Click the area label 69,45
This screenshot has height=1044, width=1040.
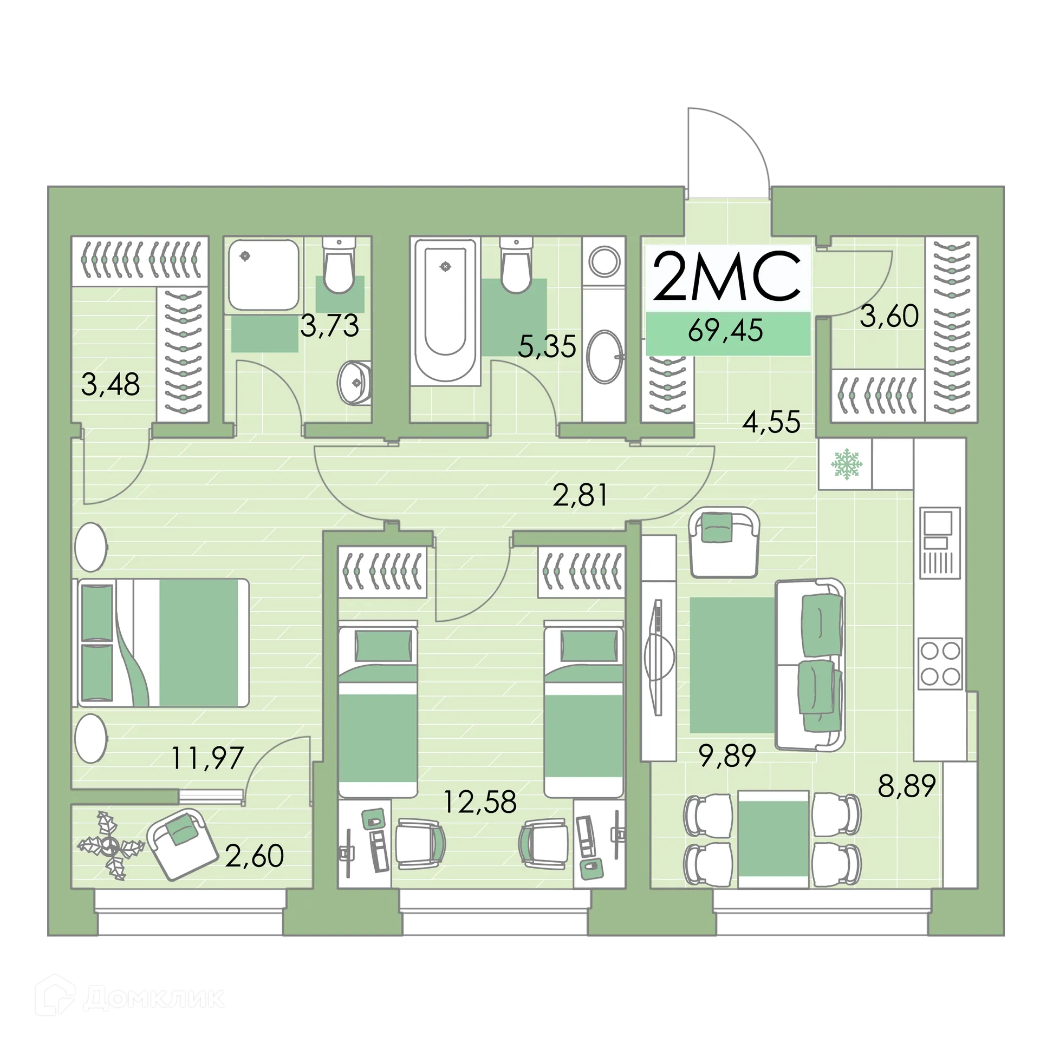click(725, 330)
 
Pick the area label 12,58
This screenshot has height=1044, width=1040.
click(480, 802)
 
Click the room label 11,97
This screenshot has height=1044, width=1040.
click(207, 758)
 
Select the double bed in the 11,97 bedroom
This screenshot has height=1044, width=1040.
click(162, 642)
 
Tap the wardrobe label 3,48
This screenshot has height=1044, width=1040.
click(110, 384)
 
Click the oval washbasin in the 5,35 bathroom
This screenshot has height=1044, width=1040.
click(604, 357)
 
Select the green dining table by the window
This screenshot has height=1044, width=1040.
click(773, 838)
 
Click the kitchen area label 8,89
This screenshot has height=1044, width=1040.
click(907, 785)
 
